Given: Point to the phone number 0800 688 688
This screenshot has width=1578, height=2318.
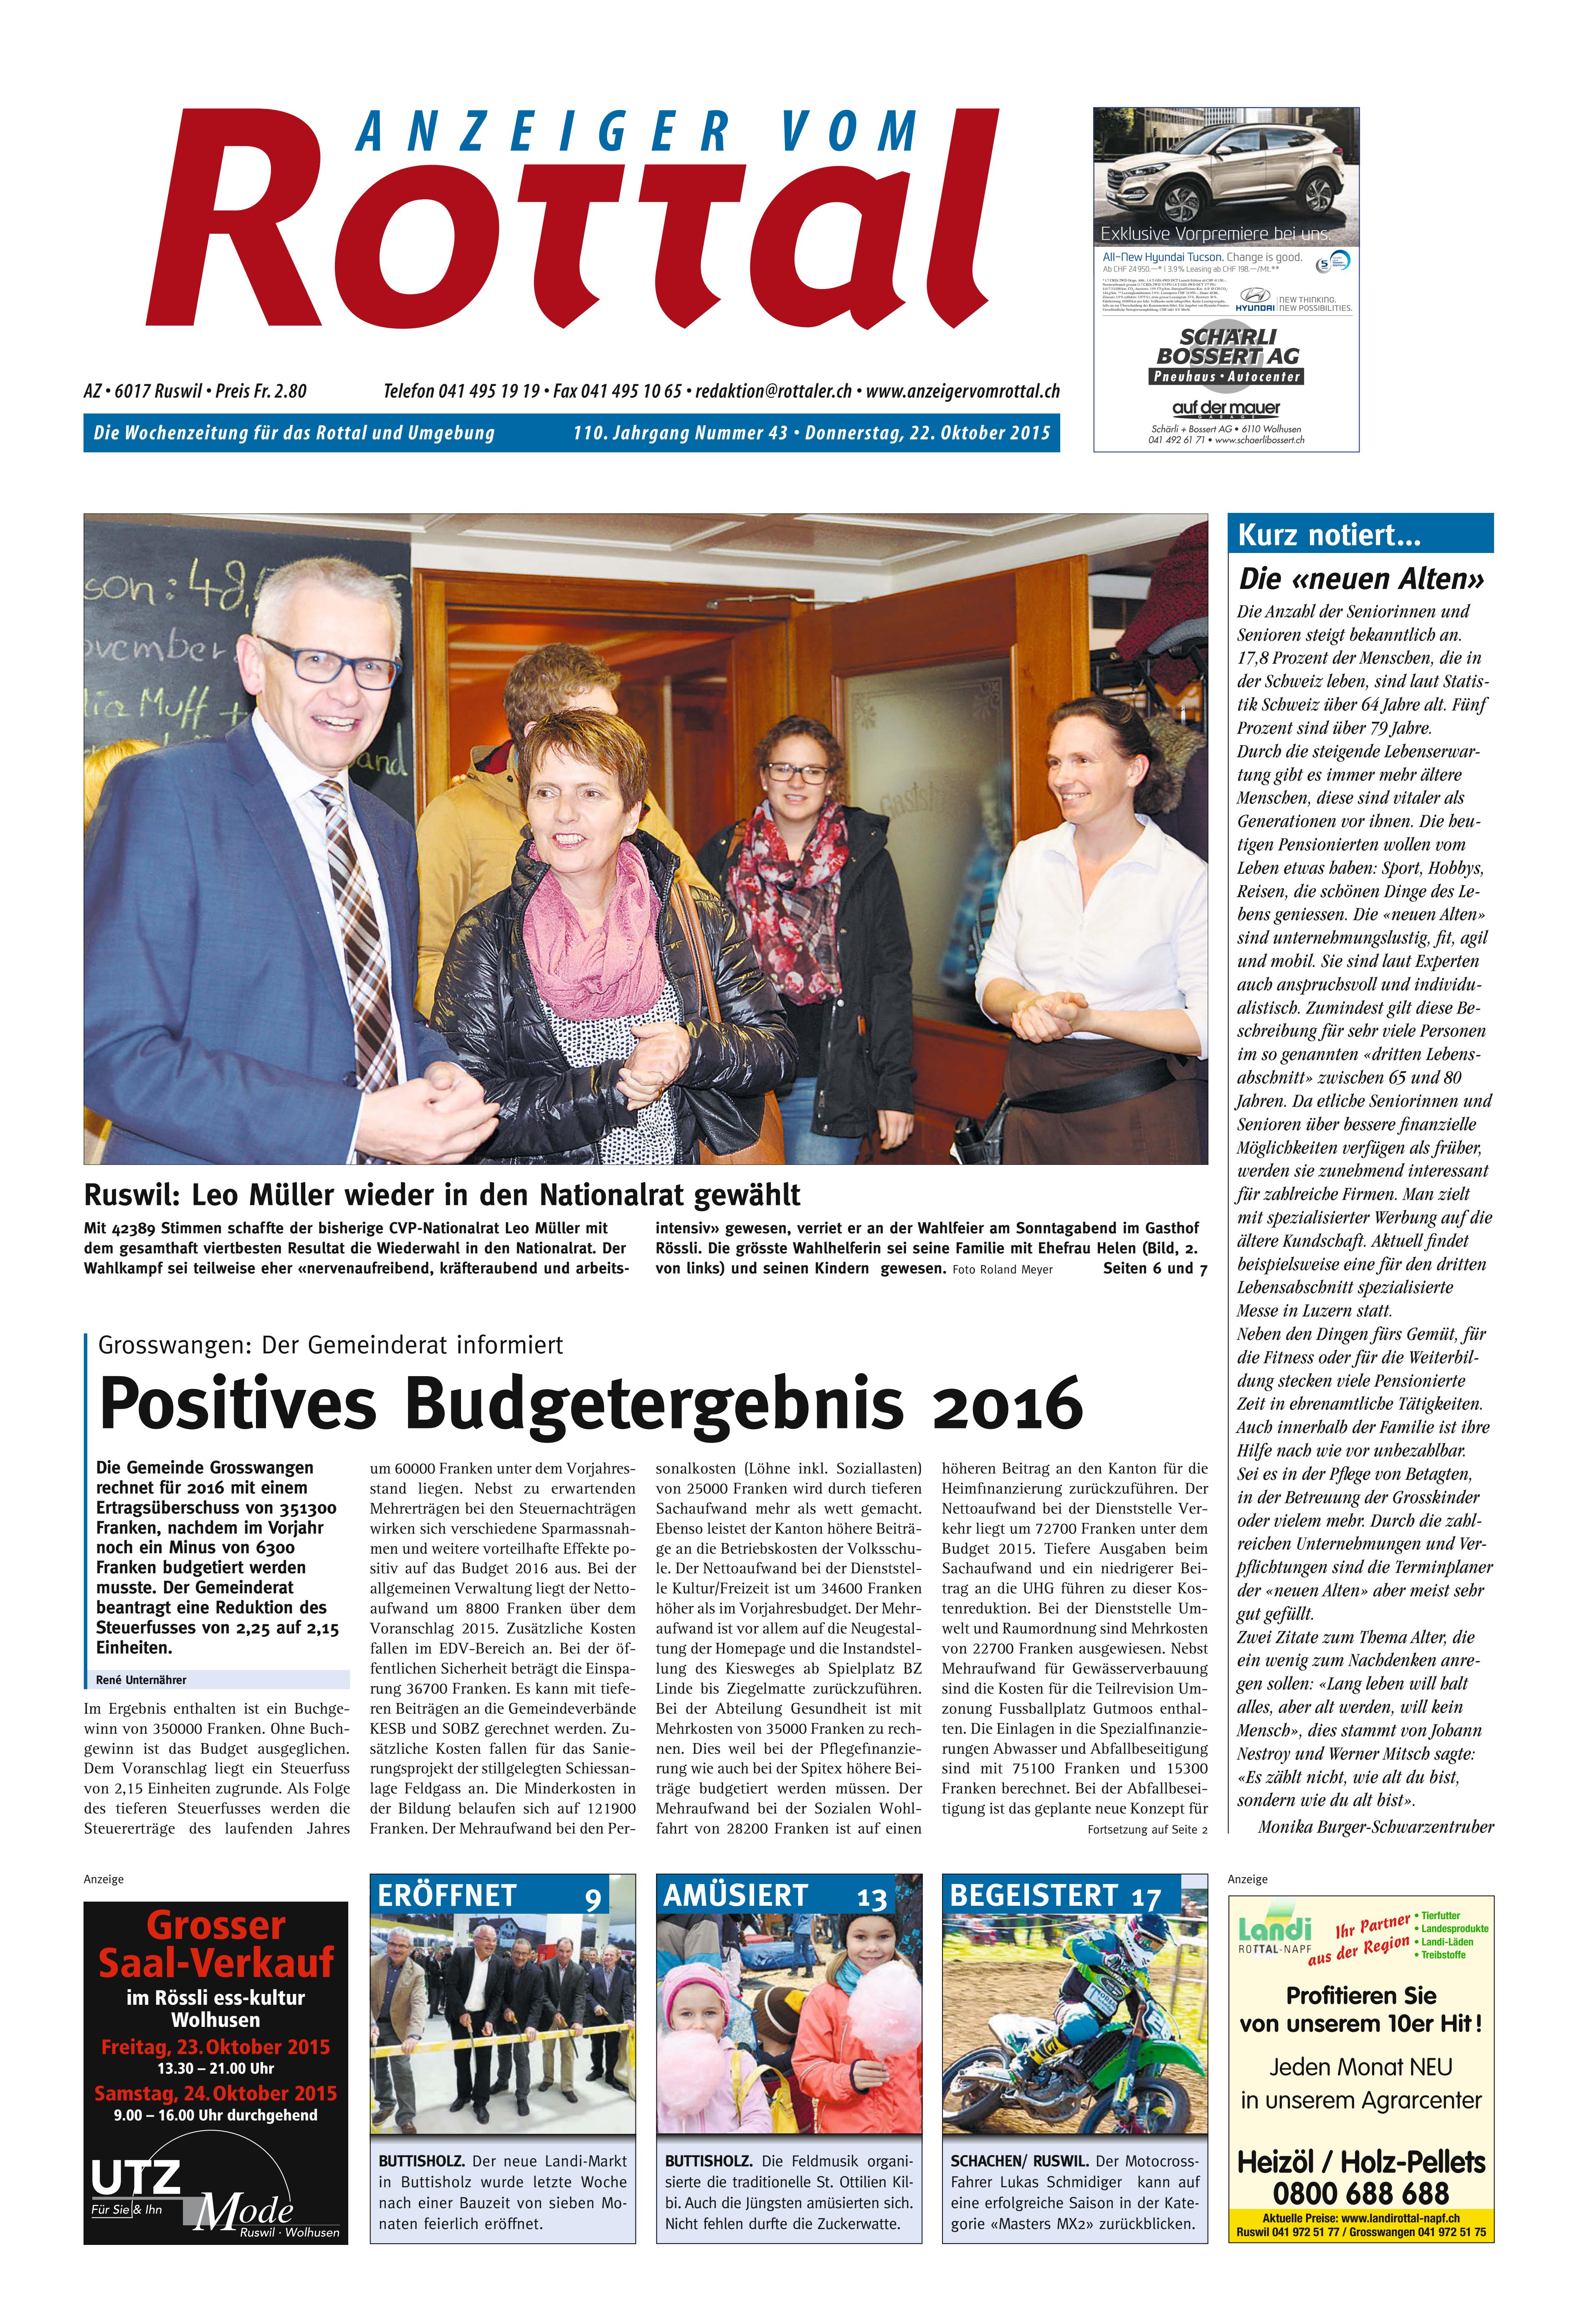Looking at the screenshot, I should [x=1360, y=2193].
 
